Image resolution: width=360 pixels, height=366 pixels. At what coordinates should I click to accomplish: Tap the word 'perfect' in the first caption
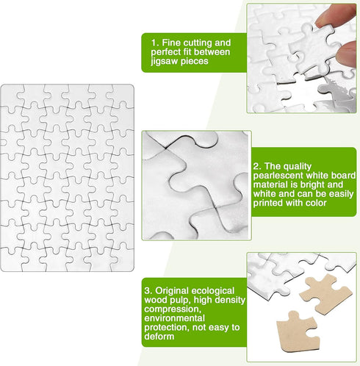coord(168,52)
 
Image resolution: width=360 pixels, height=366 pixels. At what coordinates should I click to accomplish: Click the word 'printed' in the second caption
coord(267,207)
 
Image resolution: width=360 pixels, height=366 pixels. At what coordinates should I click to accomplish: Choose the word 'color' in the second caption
coord(315,207)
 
